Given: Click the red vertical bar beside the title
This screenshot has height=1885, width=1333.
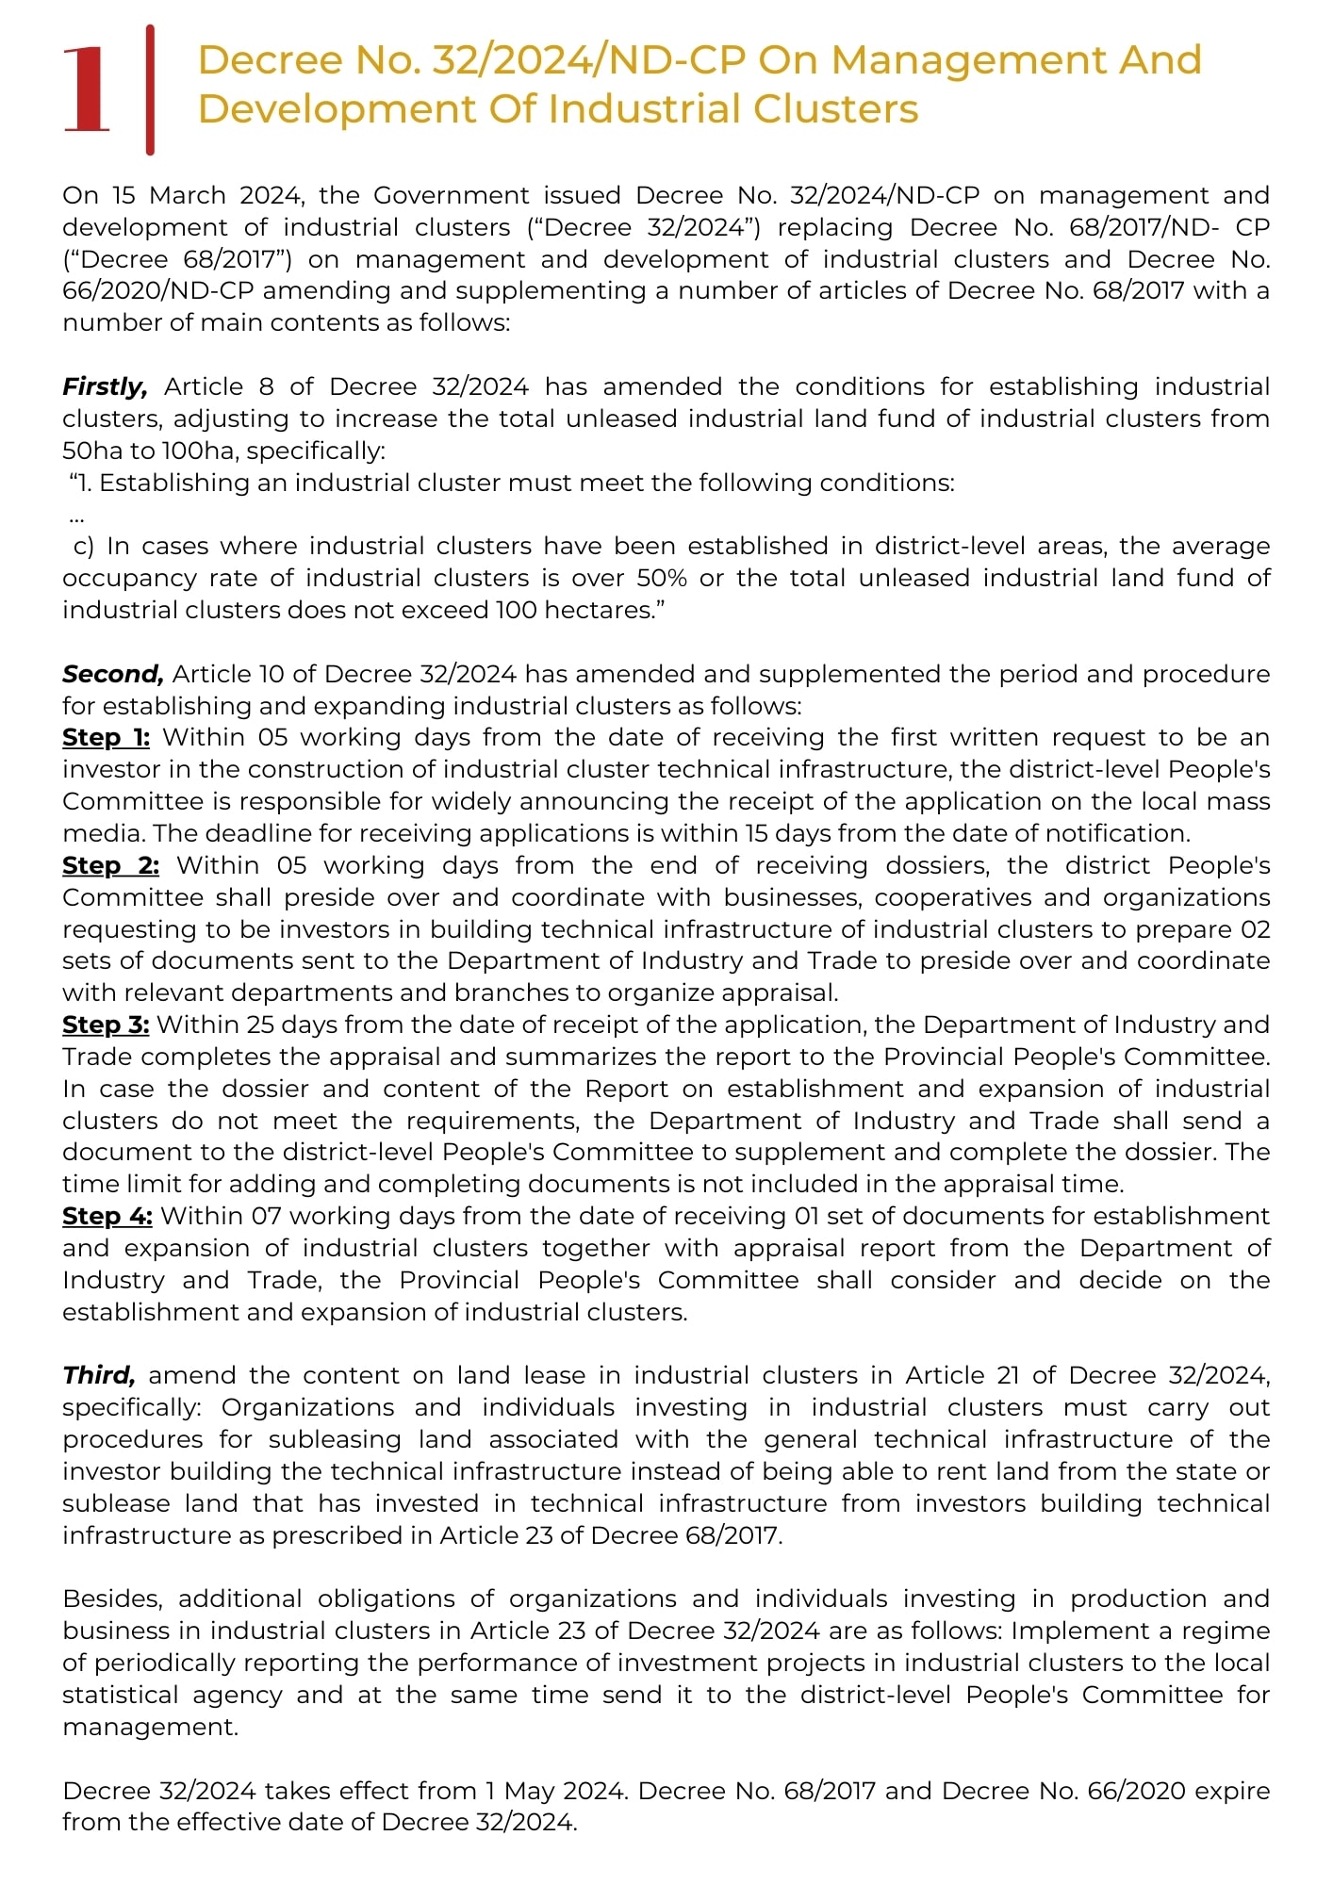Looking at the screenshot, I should point(150,90).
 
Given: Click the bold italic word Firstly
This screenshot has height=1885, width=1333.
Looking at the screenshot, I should point(105,386).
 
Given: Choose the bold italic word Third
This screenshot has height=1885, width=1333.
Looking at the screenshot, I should point(99,1375).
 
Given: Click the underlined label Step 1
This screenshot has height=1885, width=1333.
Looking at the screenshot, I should point(106,737).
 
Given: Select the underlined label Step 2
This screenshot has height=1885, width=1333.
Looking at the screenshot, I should point(110,865).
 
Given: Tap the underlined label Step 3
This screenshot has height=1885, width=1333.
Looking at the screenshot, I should point(106,1024).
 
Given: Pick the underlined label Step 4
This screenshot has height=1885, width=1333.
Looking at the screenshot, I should point(107,1216).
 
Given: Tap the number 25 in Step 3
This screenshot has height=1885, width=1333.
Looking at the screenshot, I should point(260,1024).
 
